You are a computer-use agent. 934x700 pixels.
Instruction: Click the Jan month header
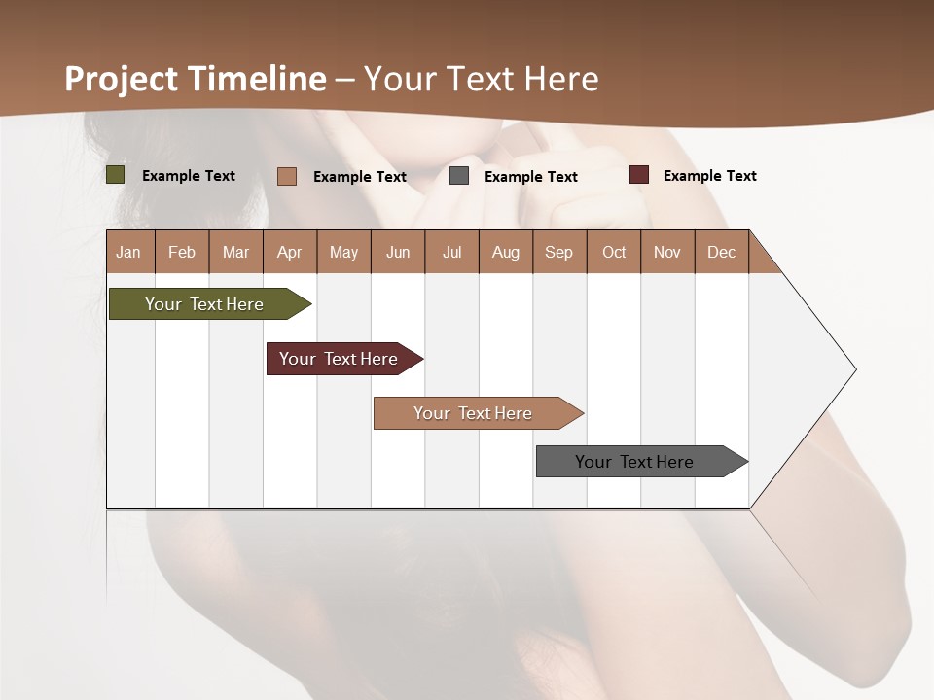coord(128,252)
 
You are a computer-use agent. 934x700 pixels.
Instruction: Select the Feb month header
coord(182,252)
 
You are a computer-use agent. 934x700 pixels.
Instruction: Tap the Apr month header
coord(289,252)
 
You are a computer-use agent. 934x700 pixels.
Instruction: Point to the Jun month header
coord(398,252)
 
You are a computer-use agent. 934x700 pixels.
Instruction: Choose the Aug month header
coord(506,252)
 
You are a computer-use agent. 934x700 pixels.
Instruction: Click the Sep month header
coord(558,252)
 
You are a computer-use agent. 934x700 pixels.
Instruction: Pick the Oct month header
coord(614,252)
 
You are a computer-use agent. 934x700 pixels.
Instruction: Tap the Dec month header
coord(721,252)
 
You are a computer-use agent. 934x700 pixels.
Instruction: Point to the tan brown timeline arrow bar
coord(474,413)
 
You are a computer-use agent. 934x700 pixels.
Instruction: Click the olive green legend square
coord(115,175)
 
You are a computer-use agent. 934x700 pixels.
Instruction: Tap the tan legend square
coord(287,176)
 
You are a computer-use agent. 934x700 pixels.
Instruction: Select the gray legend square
coord(459,176)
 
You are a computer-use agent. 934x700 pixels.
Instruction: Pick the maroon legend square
coord(639,175)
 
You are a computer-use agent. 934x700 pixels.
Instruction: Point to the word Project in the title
coord(121,79)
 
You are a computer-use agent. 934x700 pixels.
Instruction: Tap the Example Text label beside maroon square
coord(709,176)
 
